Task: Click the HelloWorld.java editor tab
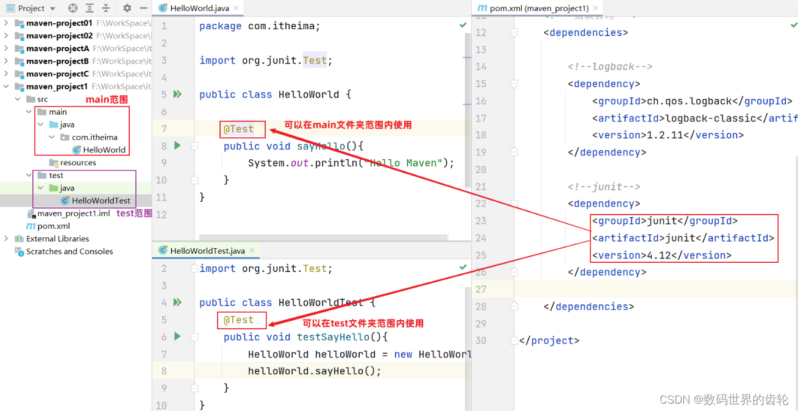click(x=196, y=8)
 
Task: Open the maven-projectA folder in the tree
click(x=57, y=48)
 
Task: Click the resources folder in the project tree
click(x=78, y=163)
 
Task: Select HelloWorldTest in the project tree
click(x=101, y=201)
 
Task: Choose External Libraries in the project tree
click(x=57, y=238)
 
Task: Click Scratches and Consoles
click(x=69, y=251)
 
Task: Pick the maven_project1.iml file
click(x=73, y=213)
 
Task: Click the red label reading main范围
click(x=107, y=99)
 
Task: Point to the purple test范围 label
click(x=134, y=213)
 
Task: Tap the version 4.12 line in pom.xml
click(x=661, y=255)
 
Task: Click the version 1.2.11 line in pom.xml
click(x=668, y=135)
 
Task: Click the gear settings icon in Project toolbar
click(x=127, y=8)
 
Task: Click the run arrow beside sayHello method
click(x=177, y=146)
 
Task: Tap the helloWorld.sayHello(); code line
click(x=315, y=371)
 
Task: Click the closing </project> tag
click(x=549, y=340)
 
